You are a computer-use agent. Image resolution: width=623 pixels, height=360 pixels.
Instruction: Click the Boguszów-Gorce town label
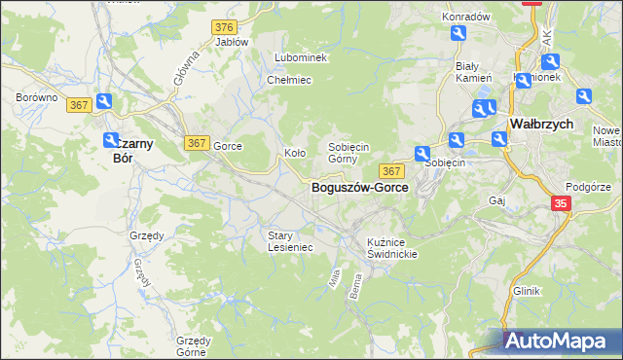point(359,187)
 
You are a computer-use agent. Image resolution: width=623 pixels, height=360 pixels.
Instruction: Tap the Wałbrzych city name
point(540,126)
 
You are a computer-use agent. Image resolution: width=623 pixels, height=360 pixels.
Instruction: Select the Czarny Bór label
point(123,148)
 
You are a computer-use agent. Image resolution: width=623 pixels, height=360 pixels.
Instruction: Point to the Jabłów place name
point(232,42)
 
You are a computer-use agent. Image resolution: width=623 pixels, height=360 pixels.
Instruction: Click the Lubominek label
point(301,57)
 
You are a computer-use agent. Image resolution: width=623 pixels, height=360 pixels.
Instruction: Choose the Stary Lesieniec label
point(290,240)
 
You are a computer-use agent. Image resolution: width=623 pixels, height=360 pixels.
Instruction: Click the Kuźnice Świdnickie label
point(392,247)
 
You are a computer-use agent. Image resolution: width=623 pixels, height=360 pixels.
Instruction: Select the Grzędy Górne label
point(194,346)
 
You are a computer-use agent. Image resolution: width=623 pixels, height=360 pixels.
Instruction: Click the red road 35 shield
point(561,203)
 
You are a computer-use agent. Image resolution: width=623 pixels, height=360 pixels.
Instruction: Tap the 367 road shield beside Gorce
point(197,143)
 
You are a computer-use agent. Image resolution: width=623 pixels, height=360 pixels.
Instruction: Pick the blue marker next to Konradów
point(458,35)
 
